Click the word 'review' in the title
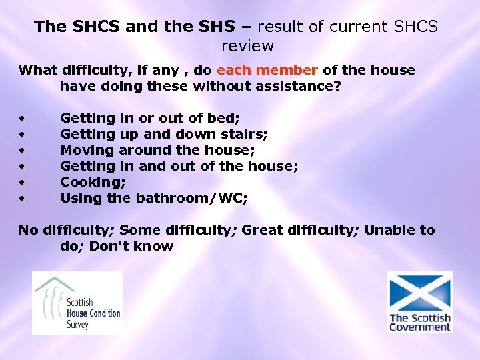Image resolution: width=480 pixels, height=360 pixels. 247,46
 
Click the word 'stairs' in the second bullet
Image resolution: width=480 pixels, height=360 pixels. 246,134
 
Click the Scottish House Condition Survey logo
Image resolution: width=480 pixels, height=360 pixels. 77,302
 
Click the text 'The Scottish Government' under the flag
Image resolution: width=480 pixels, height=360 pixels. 420,323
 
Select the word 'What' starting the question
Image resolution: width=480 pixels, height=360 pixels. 37,70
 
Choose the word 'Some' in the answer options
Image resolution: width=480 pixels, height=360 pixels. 141,230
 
